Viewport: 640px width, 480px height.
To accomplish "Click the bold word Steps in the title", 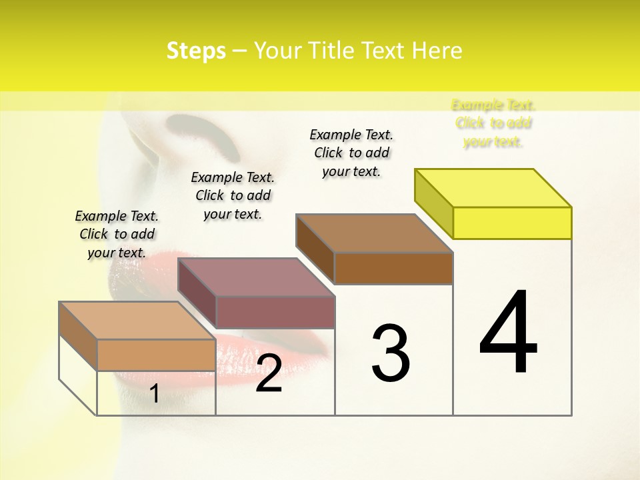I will [196, 51].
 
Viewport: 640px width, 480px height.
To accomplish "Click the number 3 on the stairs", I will [391, 353].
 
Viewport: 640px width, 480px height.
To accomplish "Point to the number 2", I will [269, 373].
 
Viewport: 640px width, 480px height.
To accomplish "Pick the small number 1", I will [155, 393].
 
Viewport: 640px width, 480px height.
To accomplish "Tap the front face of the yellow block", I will [512, 223].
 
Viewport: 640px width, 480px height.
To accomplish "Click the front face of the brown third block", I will [393, 268].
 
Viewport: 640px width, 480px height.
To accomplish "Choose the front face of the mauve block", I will [275, 312].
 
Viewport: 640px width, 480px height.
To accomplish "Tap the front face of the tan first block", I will [156, 355].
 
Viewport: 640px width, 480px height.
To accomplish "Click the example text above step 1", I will [117, 234].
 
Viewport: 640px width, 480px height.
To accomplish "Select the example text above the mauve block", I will [233, 195].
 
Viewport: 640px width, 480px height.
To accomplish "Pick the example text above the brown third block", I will [351, 153].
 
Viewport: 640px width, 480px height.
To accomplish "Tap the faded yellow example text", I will [493, 123].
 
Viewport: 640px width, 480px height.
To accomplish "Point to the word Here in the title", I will [437, 51].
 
